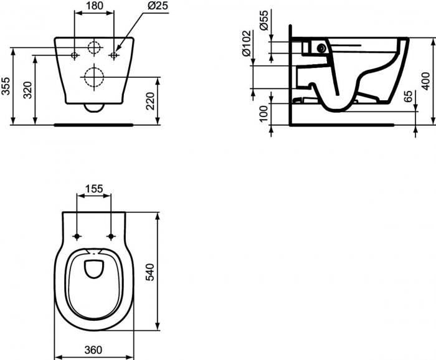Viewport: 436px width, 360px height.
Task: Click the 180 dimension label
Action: (94, 5)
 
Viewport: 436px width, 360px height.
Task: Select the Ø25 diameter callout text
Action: (158, 6)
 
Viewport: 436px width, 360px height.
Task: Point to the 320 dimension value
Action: (27, 90)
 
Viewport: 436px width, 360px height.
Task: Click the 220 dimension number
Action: (150, 101)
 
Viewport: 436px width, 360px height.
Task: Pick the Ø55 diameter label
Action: (263, 20)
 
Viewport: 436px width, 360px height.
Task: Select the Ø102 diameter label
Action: (247, 43)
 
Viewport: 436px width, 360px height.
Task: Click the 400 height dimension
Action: (425, 81)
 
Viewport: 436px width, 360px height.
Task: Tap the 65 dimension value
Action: (409, 96)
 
